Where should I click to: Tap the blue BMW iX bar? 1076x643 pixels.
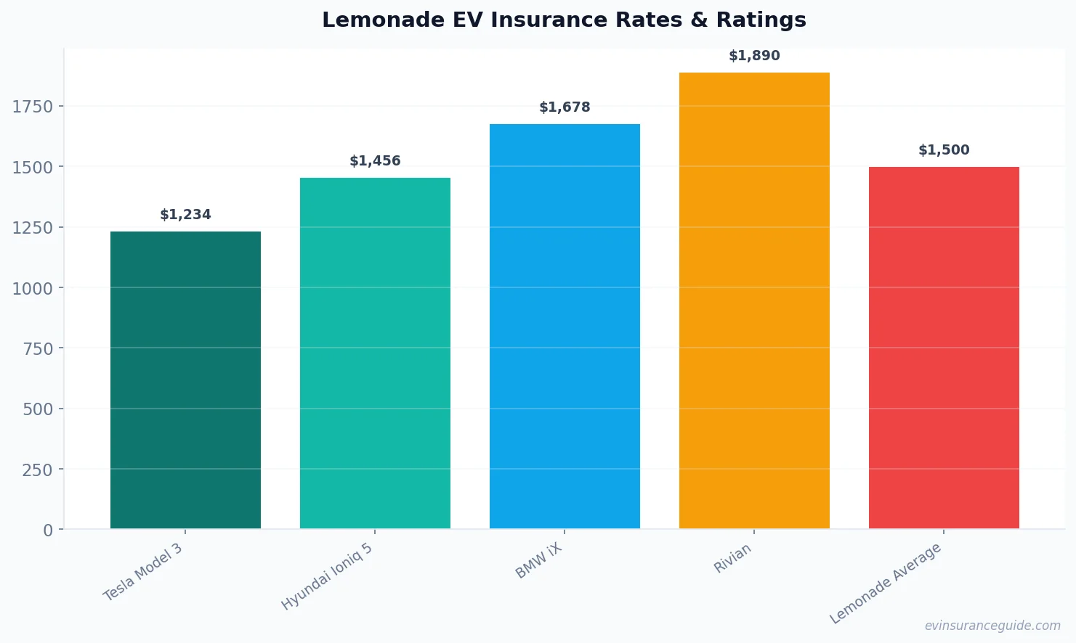click(565, 326)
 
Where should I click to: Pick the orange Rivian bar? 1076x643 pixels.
click(754, 300)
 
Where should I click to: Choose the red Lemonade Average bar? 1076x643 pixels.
click(944, 348)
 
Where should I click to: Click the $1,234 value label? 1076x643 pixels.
click(185, 215)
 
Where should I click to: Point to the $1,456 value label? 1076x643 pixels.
click(375, 161)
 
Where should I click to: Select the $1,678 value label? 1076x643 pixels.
click(565, 107)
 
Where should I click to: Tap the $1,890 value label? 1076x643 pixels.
click(754, 56)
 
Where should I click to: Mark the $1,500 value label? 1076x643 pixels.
click(944, 150)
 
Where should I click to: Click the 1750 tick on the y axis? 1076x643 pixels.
click(33, 107)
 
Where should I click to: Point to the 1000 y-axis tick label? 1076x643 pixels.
click(33, 288)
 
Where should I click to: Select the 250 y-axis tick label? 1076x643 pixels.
click(38, 470)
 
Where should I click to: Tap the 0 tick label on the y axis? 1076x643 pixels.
click(48, 531)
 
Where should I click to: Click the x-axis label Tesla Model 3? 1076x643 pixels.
click(143, 572)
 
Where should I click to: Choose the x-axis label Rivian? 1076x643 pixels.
click(732, 559)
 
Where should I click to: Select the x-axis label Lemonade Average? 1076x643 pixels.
click(886, 583)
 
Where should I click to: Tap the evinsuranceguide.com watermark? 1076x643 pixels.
click(992, 626)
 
